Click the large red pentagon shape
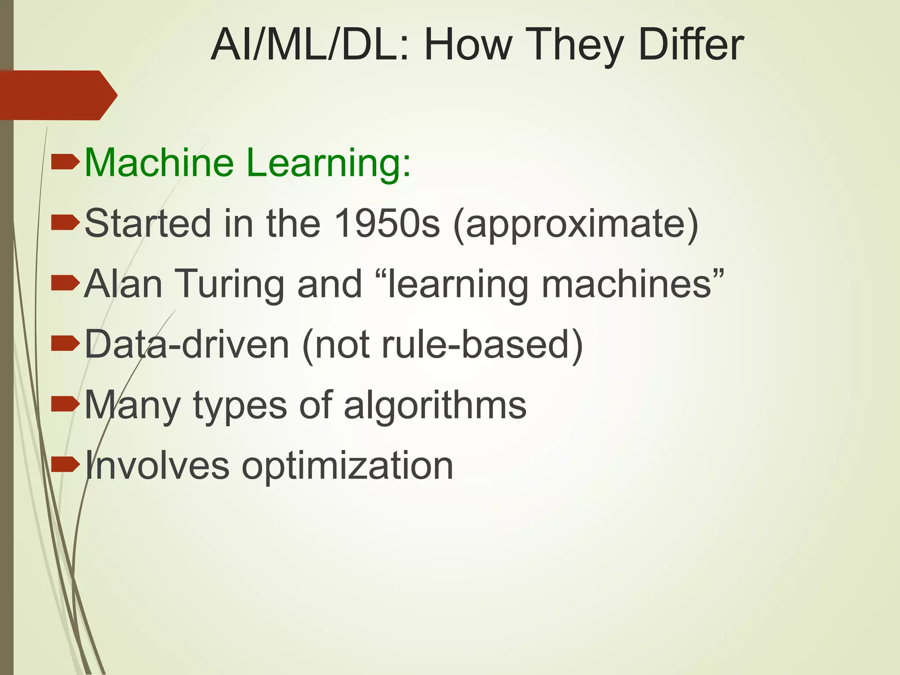(57, 95)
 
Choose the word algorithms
(435, 405)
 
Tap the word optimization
(347, 466)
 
